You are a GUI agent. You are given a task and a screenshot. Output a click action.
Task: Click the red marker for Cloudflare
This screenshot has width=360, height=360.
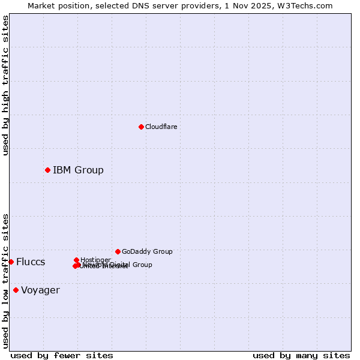point(141,127)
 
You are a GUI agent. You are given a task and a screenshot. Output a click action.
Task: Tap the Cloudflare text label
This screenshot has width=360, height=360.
point(161,127)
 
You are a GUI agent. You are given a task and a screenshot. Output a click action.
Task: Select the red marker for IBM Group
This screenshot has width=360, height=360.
point(47,170)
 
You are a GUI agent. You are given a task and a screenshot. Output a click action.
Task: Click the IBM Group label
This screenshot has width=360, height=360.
point(78,170)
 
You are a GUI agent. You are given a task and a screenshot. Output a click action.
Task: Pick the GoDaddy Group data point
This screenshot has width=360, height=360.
point(118,251)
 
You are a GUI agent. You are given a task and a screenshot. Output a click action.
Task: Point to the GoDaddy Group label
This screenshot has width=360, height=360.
point(147,251)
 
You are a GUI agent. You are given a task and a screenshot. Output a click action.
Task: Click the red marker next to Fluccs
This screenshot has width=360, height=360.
point(11,262)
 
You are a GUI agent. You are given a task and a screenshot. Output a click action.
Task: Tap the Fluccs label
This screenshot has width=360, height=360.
point(31,262)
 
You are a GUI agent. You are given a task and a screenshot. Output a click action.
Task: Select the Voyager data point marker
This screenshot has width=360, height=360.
point(16,290)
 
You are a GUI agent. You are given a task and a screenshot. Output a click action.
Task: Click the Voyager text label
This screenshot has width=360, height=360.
point(40,290)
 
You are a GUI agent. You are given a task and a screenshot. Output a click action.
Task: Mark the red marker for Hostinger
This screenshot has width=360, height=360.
point(76,260)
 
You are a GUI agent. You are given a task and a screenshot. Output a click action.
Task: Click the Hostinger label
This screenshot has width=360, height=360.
point(95,260)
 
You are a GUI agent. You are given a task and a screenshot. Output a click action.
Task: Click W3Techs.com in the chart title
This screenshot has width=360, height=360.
point(305,5)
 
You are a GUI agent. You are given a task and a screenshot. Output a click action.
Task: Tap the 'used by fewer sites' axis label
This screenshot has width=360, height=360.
point(62,355)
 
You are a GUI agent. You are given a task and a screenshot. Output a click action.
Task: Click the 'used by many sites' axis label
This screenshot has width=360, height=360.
point(301,355)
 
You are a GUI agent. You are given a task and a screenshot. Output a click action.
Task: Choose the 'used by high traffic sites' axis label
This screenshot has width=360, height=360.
point(5,85)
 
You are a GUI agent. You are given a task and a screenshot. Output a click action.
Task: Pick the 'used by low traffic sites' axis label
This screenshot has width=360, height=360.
point(5,280)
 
